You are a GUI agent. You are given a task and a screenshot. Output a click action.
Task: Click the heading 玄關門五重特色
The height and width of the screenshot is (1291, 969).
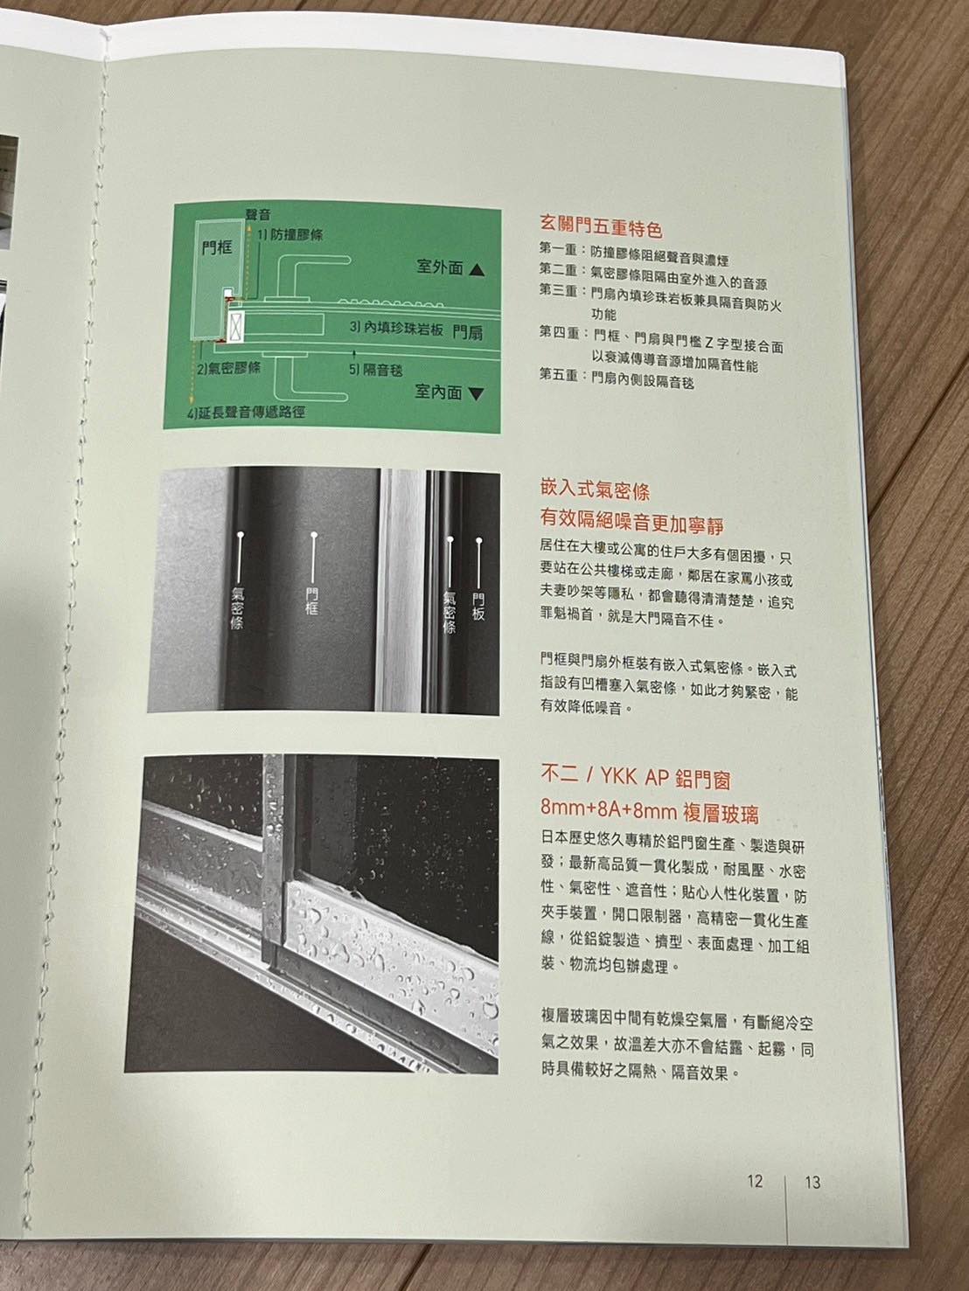pos(601,226)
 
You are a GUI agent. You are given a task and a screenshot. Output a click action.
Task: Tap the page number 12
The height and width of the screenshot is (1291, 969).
pos(755,1181)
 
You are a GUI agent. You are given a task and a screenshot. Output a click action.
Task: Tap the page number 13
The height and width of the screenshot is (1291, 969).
pos(812,1183)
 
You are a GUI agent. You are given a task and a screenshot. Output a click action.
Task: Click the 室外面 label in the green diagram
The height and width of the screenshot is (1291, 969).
pos(440,267)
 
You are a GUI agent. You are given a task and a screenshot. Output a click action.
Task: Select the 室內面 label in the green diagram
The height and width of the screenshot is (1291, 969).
pos(438,392)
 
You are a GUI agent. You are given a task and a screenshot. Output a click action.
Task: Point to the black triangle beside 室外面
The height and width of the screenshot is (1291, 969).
pos(478,270)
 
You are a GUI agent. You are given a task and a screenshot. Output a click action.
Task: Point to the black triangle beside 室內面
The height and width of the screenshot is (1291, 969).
pos(477,394)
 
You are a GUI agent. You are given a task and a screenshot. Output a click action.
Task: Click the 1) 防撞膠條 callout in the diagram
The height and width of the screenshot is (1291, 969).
pos(289,235)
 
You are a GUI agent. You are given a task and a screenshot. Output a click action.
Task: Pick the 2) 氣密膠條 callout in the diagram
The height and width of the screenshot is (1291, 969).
pos(229,369)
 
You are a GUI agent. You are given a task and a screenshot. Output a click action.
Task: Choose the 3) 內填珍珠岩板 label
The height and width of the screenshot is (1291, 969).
pos(396,329)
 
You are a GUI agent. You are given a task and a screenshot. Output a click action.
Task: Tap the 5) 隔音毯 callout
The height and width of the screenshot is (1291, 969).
pos(376,370)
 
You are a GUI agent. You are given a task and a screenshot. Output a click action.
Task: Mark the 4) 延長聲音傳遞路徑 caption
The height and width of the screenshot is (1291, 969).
pos(247,413)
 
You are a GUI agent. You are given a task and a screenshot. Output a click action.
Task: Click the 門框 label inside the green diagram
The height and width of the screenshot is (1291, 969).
pos(218,247)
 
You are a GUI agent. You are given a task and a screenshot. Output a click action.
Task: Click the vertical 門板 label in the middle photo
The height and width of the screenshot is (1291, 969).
pos(478,607)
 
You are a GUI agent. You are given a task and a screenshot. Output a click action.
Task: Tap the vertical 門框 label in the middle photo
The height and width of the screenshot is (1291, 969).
pos(312,600)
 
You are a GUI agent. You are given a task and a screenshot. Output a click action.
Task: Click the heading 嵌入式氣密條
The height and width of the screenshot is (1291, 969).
pos(595,490)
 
